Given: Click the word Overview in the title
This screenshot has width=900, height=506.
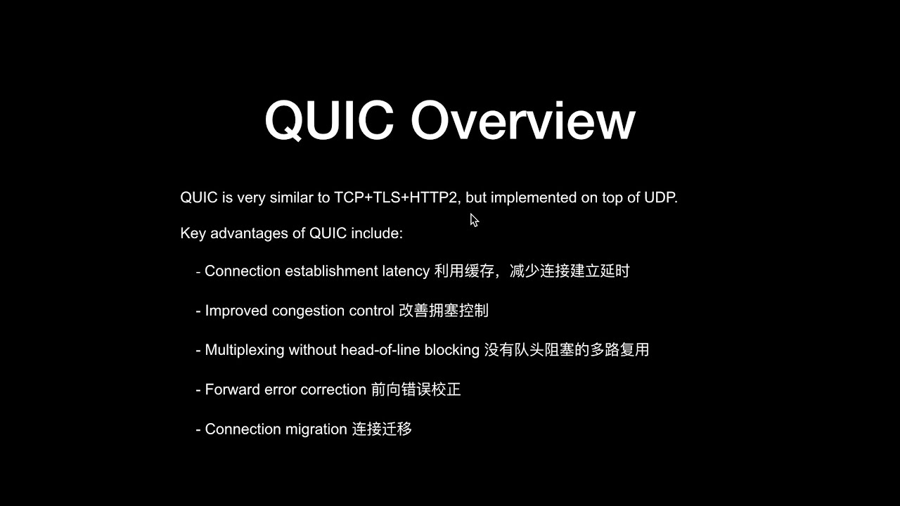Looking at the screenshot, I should [522, 121].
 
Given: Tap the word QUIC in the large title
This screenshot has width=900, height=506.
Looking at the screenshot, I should [328, 121].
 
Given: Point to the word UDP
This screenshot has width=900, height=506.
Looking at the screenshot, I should [660, 197].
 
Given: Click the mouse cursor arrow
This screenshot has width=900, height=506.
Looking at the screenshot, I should [474, 220].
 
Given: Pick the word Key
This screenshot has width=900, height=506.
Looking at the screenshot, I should [193, 233].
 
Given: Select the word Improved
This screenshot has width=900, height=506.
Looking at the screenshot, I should [236, 311].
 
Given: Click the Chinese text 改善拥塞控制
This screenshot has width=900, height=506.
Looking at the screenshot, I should [444, 311].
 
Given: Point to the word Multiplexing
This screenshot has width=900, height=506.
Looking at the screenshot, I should [245, 350].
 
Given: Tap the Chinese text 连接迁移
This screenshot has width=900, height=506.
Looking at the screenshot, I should [382, 429].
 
